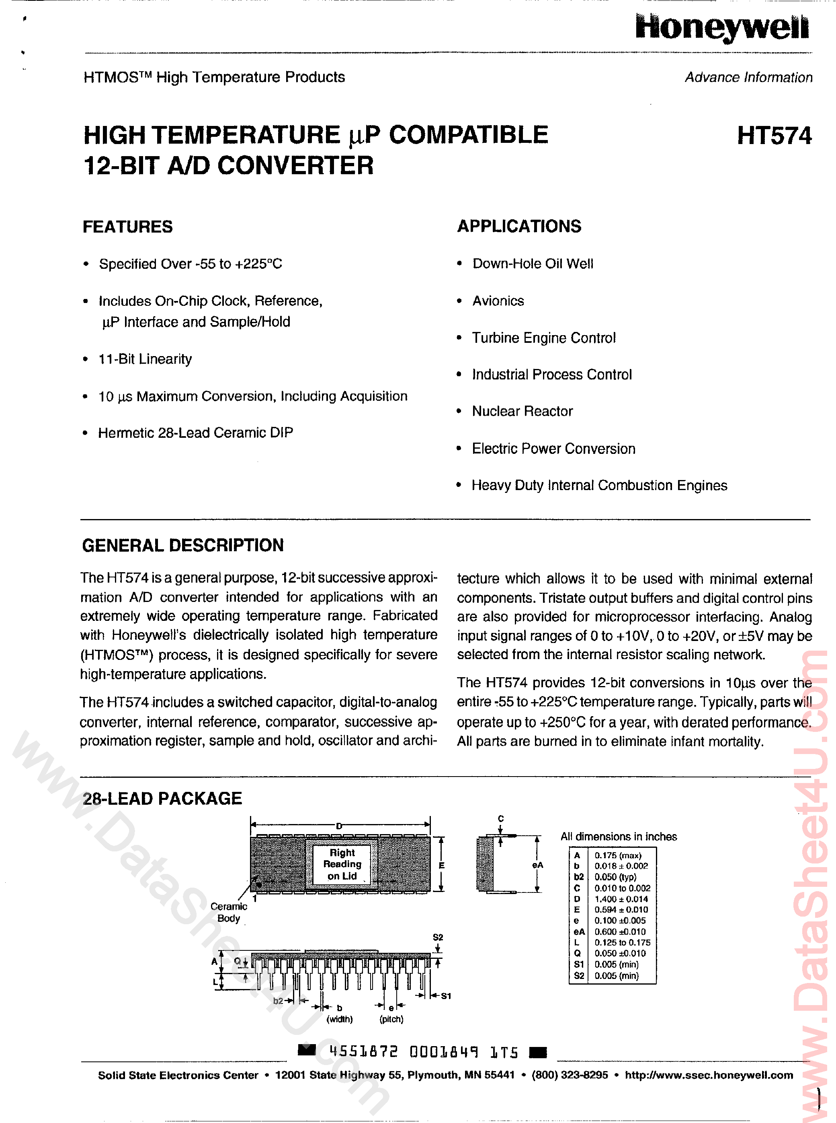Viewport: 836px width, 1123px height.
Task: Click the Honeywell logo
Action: [x=722, y=27]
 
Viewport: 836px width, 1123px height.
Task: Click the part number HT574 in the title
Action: [x=774, y=136]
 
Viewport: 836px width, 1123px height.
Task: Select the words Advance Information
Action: [x=748, y=78]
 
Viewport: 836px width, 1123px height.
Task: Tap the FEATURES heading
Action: [x=127, y=227]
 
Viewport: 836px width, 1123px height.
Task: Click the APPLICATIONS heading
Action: [x=519, y=226]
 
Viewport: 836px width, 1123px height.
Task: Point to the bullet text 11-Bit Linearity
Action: [x=145, y=359]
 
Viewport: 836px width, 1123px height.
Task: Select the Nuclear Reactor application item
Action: [x=522, y=411]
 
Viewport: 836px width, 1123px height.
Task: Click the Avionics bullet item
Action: [x=498, y=301]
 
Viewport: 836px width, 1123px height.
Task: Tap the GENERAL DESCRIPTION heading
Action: [x=183, y=546]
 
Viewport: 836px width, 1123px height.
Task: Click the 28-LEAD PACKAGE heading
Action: [x=162, y=799]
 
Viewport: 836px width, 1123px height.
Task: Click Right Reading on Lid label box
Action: [x=342, y=864]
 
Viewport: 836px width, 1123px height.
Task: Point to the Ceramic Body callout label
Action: [x=229, y=912]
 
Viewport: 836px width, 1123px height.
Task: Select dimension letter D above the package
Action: [x=339, y=826]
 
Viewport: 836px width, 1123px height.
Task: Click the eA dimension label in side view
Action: [x=537, y=865]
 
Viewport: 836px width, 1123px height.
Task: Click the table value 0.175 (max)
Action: [x=617, y=855]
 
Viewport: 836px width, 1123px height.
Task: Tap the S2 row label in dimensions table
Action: [x=578, y=976]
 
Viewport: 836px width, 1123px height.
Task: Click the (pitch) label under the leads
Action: [x=391, y=1019]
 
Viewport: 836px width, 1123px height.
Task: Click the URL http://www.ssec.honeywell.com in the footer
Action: [x=709, y=1075]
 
